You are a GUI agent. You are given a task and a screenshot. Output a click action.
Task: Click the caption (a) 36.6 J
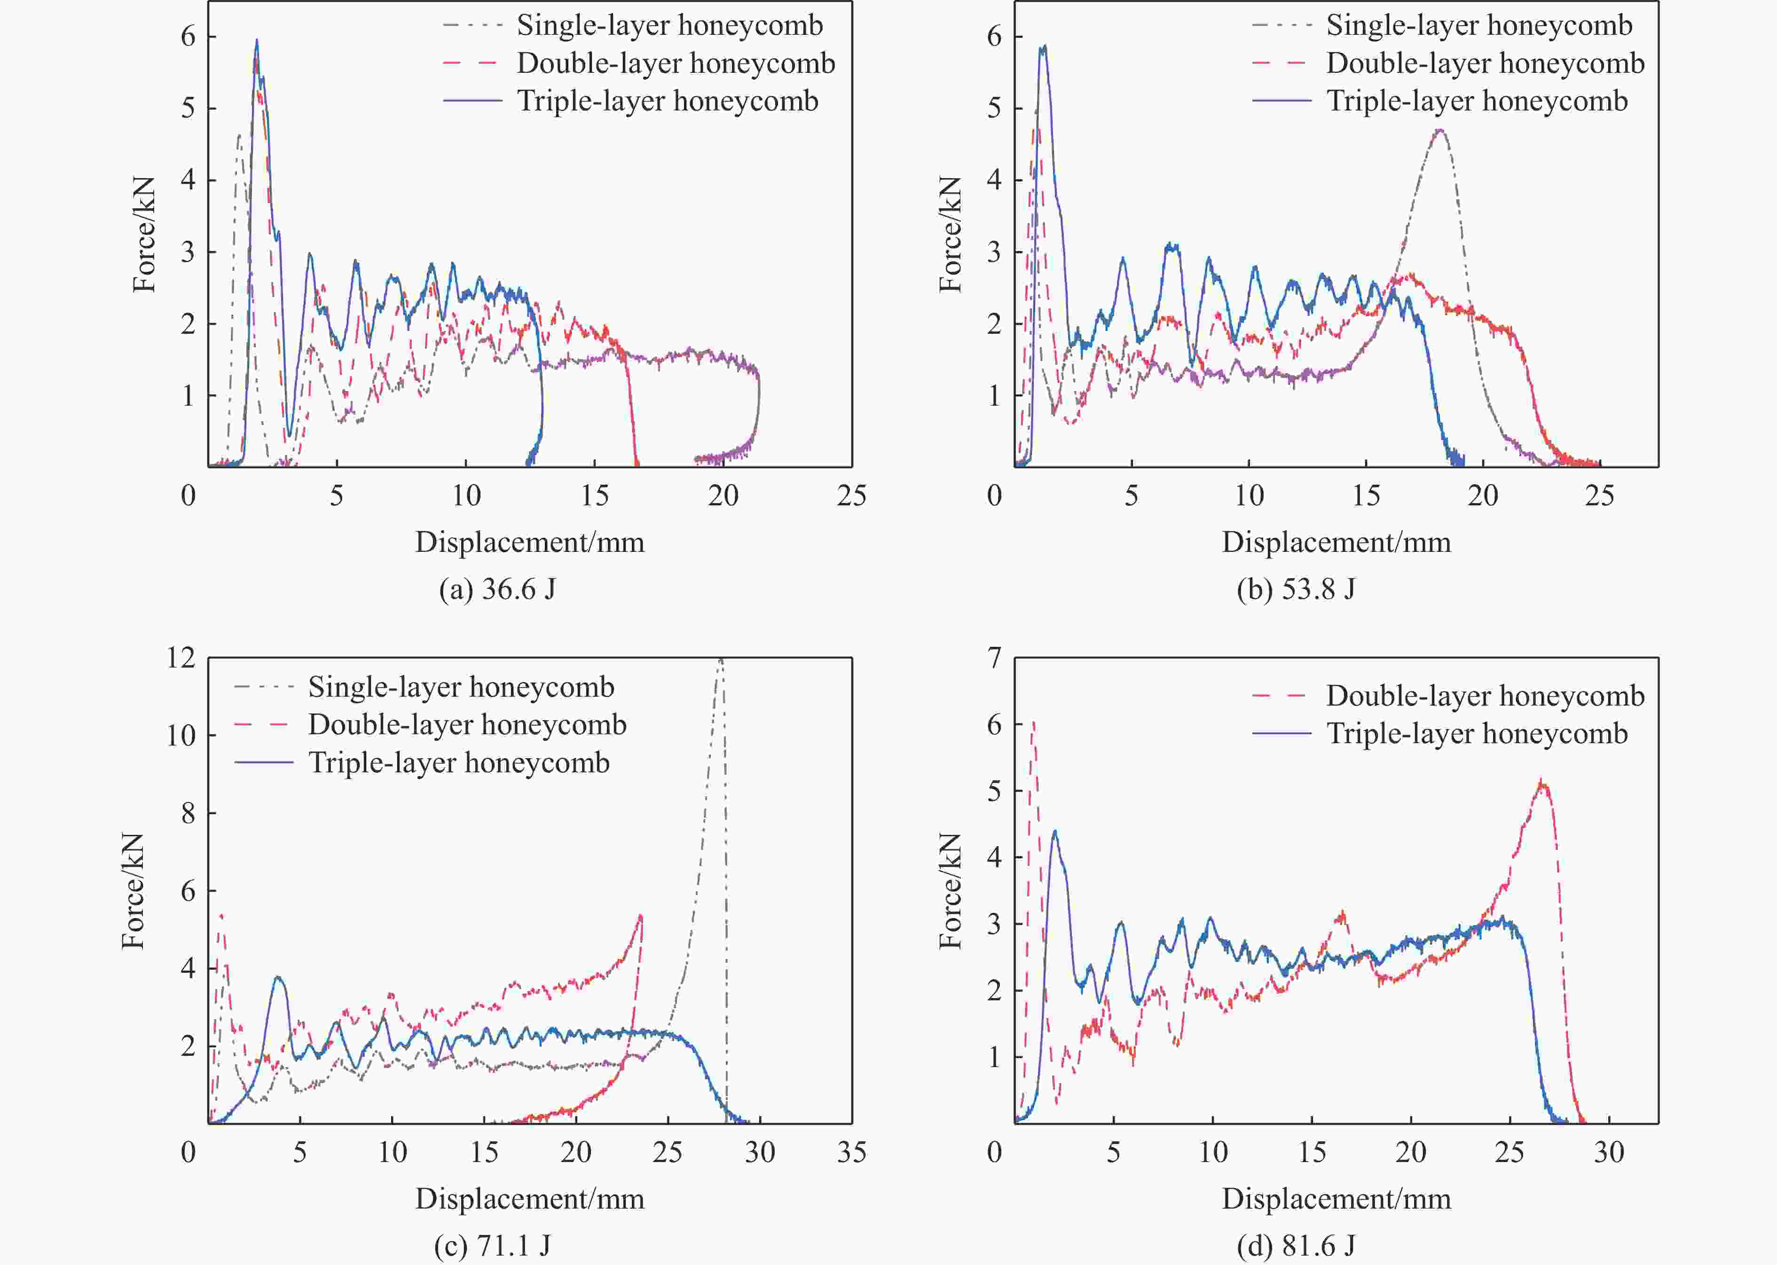coord(497,589)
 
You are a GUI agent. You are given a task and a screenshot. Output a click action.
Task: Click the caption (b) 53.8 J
coord(1296,589)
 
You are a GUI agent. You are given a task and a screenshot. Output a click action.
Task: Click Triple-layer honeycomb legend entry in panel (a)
coord(667,101)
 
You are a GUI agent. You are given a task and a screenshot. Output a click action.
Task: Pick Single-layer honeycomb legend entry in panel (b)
coord(1478,26)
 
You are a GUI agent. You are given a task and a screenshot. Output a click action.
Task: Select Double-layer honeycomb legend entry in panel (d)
coord(1485,696)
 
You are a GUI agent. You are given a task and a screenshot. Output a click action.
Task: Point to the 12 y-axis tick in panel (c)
coord(181,658)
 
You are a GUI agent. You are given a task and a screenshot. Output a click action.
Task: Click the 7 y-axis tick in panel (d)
coord(994,658)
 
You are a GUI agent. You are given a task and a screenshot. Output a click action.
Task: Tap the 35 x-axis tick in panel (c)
coord(851,1152)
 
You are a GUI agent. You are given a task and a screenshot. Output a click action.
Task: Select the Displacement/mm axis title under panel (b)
coord(1336,542)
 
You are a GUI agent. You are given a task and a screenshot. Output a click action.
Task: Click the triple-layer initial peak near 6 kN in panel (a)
coord(256,41)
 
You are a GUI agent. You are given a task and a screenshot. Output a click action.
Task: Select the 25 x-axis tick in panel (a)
coord(851,495)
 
